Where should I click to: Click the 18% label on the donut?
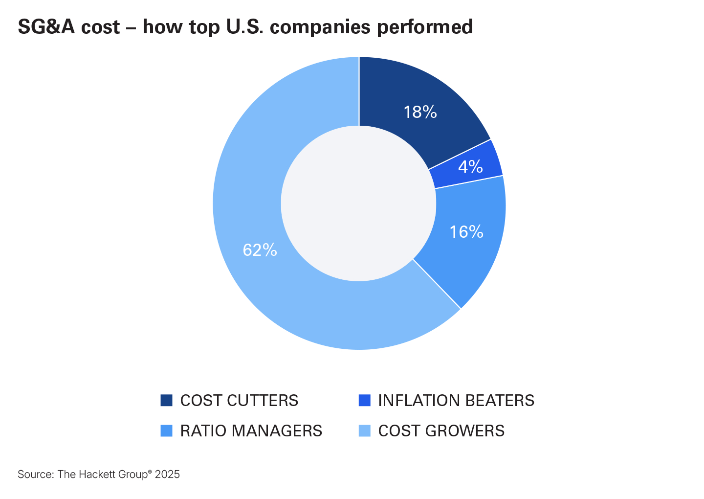point(420,112)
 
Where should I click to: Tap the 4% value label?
point(470,167)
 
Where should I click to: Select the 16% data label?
point(466,231)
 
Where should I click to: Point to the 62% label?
point(260,250)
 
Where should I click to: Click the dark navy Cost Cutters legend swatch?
point(166,400)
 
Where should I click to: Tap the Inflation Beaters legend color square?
point(364,400)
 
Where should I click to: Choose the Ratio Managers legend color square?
point(166,431)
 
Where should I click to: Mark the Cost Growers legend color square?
point(364,431)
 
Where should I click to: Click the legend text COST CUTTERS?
point(239,400)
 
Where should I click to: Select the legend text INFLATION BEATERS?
point(456,400)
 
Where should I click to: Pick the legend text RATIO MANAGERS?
point(251,431)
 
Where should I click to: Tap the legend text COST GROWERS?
point(441,431)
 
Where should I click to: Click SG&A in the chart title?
point(47,27)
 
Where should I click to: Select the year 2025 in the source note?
point(167,474)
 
